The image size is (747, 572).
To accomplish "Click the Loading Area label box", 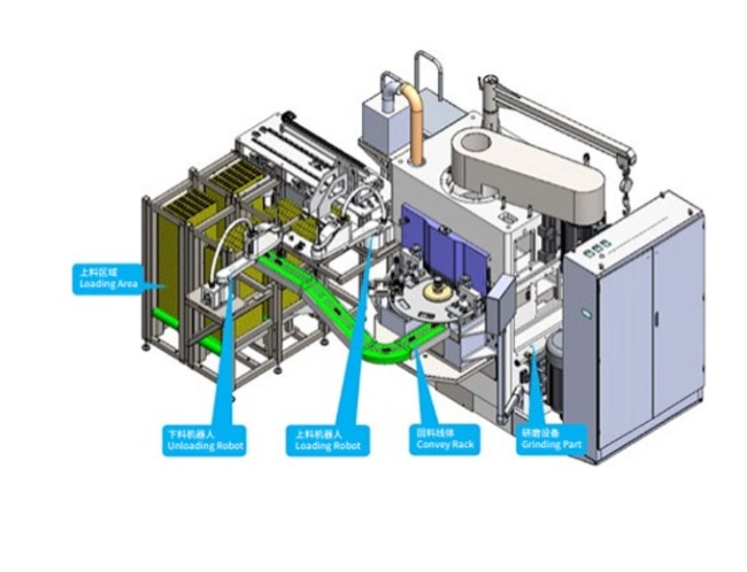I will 108,278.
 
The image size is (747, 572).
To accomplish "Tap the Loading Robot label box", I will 327,440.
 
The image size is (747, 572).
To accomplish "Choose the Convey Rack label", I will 444,440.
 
